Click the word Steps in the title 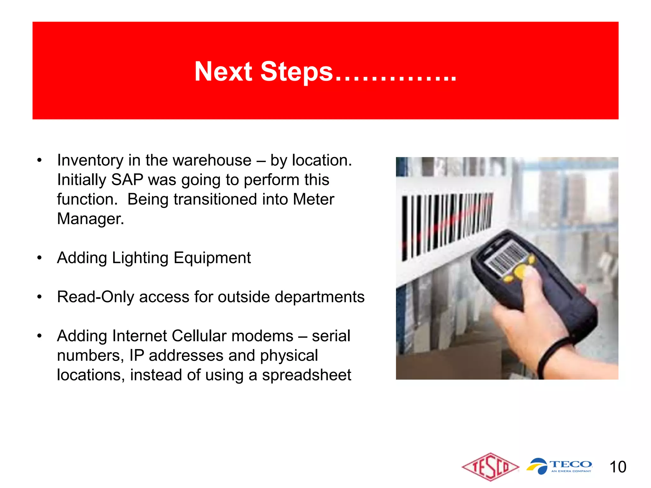click(296, 72)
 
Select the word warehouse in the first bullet click(199, 160)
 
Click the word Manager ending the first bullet click(90, 219)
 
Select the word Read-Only click(95, 297)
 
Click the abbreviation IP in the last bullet click(136, 356)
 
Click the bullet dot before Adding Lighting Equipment click(39, 258)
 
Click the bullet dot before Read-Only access click(39, 297)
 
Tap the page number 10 click(618, 467)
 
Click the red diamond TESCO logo click(490, 467)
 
